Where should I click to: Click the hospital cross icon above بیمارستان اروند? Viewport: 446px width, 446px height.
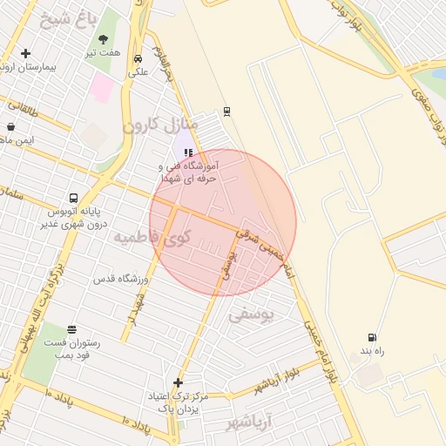click(25, 54)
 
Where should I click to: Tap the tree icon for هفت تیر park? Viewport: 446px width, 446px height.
click(105, 40)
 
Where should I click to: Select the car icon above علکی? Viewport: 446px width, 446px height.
click(139, 58)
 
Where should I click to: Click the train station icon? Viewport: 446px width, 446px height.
click(227, 111)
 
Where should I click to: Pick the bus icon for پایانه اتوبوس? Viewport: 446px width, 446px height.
click(73, 198)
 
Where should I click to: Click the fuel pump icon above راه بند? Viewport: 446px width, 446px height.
click(373, 337)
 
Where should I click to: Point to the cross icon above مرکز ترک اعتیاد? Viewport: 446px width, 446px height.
click(179, 382)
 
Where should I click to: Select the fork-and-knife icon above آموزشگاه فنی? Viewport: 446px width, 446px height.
click(187, 152)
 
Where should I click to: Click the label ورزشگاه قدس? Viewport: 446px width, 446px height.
click(122, 279)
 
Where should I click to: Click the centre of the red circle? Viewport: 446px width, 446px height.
click(223, 222)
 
